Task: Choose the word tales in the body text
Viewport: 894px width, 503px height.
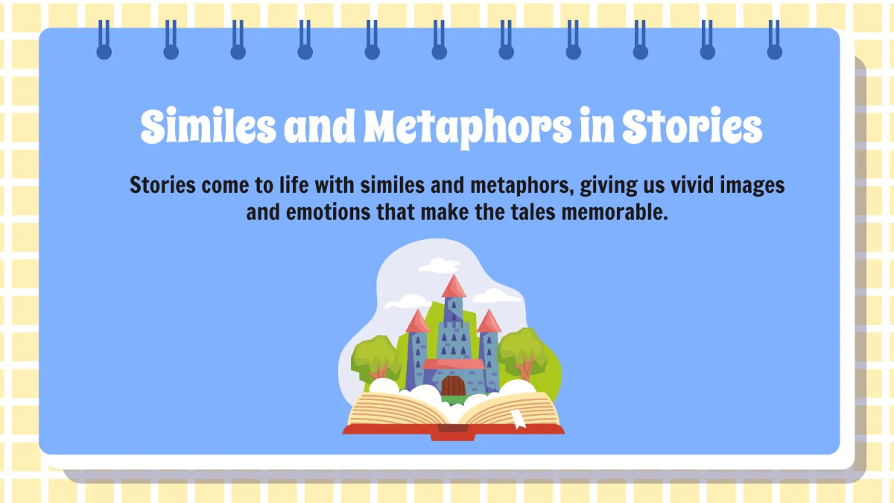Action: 517,213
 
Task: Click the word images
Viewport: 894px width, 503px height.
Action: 752,185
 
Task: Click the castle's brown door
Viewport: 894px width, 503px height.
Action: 452,386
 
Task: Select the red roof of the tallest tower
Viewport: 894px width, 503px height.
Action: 453,287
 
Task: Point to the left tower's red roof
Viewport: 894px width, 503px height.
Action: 417,322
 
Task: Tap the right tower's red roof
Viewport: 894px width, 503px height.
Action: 489,322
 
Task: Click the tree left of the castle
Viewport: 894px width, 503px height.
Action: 375,356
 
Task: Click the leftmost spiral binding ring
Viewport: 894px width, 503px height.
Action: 104,41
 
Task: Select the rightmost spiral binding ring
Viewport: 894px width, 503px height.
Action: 775,41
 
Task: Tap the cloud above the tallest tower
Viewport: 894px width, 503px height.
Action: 440,265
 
